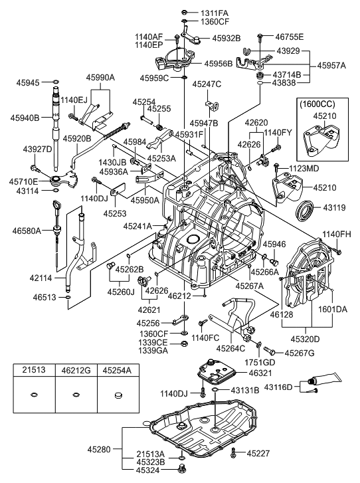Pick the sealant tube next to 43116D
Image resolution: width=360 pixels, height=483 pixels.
[x=329, y=386]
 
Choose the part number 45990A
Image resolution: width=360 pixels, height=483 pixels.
[x=100, y=78]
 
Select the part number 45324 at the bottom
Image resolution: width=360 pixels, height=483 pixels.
[x=149, y=470]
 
